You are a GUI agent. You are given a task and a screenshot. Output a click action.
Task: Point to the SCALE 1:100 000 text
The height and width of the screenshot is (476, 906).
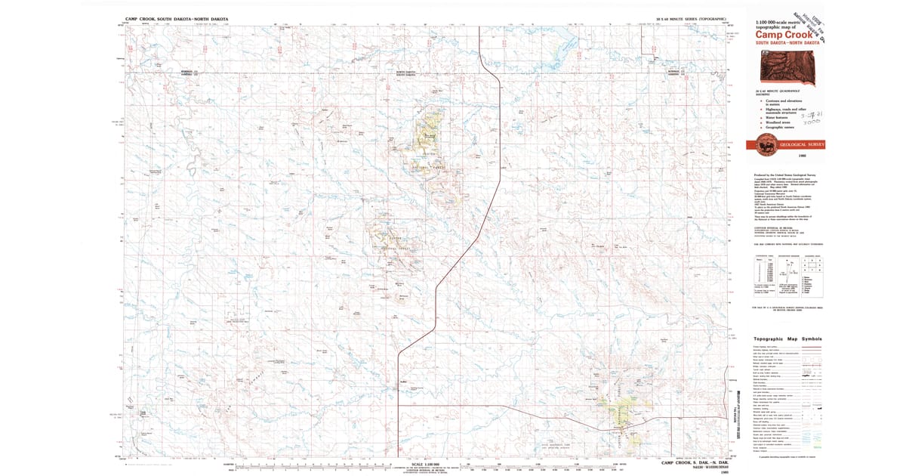coord(422,463)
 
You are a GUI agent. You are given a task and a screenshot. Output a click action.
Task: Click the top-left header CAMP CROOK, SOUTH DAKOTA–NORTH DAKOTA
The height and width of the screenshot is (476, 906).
coord(177,18)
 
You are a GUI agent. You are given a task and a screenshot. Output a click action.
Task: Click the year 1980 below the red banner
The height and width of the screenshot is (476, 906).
coord(801,154)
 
